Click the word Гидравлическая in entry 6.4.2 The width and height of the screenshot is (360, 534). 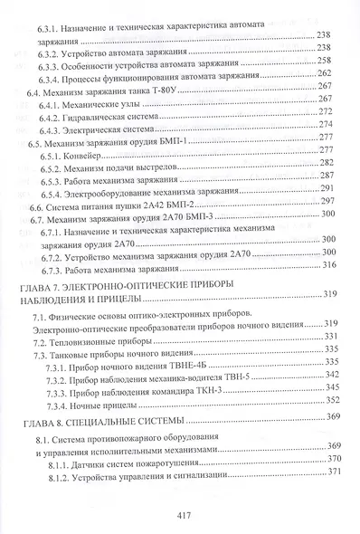tap(106, 121)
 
